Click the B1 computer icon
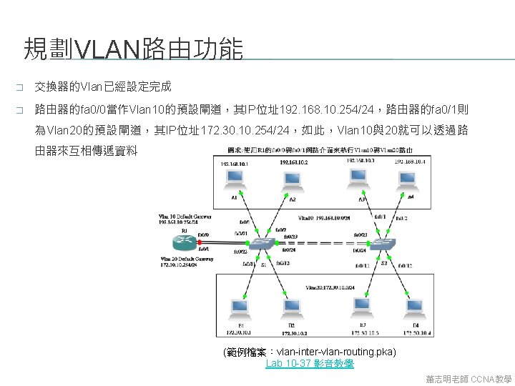(x=239, y=308)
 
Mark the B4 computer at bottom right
(x=414, y=308)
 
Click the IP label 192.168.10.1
(x=237, y=163)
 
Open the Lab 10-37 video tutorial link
(x=309, y=364)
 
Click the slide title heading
(x=133, y=49)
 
